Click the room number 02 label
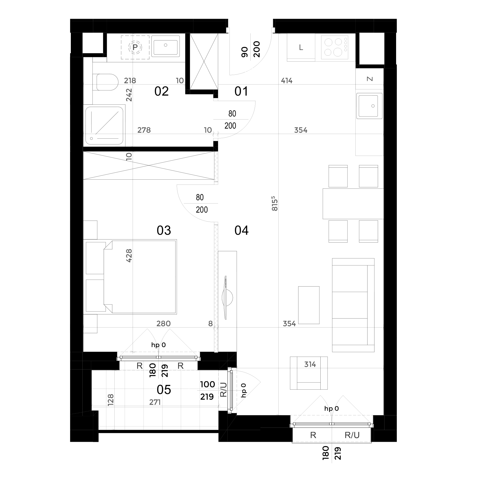click(x=161, y=91)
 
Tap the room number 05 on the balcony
click(x=164, y=390)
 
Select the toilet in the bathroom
click(x=107, y=82)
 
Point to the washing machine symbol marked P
click(x=135, y=47)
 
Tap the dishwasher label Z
click(x=370, y=79)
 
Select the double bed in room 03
click(x=140, y=277)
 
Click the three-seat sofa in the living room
click(x=353, y=305)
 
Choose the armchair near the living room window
click(x=309, y=373)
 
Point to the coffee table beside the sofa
click(x=309, y=305)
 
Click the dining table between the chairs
click(x=353, y=204)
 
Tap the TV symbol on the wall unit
click(x=227, y=297)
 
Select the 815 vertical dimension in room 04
click(x=275, y=204)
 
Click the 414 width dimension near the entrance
click(x=287, y=81)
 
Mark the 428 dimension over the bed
click(x=129, y=256)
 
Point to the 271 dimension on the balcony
click(x=155, y=402)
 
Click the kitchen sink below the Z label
click(x=369, y=106)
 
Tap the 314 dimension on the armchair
click(x=310, y=364)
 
